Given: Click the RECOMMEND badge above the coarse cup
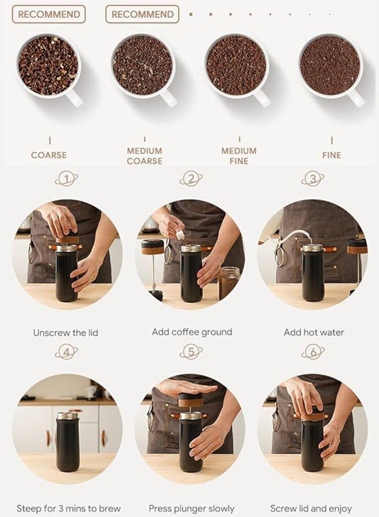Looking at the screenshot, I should point(49,14).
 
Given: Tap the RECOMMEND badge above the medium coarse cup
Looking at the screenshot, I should point(142,14).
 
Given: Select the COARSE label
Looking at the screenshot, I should point(49,155).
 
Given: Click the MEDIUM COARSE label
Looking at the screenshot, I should point(144,156).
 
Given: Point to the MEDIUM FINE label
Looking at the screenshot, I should point(239,156).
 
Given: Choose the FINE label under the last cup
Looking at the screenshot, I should point(331,155).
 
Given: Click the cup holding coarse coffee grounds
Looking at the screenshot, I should point(48,65).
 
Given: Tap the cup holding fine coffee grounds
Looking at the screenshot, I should point(330,65).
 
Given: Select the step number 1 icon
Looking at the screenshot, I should point(67,179).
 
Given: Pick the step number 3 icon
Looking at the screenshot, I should point(312,179).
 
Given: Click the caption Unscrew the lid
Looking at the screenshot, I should point(66,333).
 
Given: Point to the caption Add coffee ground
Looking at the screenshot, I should point(192,332).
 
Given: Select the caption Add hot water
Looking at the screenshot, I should point(313,333).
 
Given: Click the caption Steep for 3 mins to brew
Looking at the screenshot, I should point(68,508).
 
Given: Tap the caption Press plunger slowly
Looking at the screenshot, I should point(191,508).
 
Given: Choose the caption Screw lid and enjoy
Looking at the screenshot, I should point(311,508).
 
